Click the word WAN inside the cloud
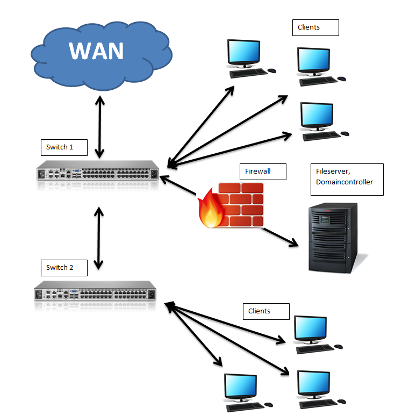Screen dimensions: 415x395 coord(96,51)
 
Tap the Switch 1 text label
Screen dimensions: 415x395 coord(60,147)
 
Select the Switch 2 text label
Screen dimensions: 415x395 coord(60,267)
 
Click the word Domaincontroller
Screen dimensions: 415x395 coord(344,182)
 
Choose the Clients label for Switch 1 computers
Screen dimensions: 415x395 coord(308,27)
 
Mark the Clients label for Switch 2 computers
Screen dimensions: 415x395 coord(259,311)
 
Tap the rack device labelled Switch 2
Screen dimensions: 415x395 coord(96,293)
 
